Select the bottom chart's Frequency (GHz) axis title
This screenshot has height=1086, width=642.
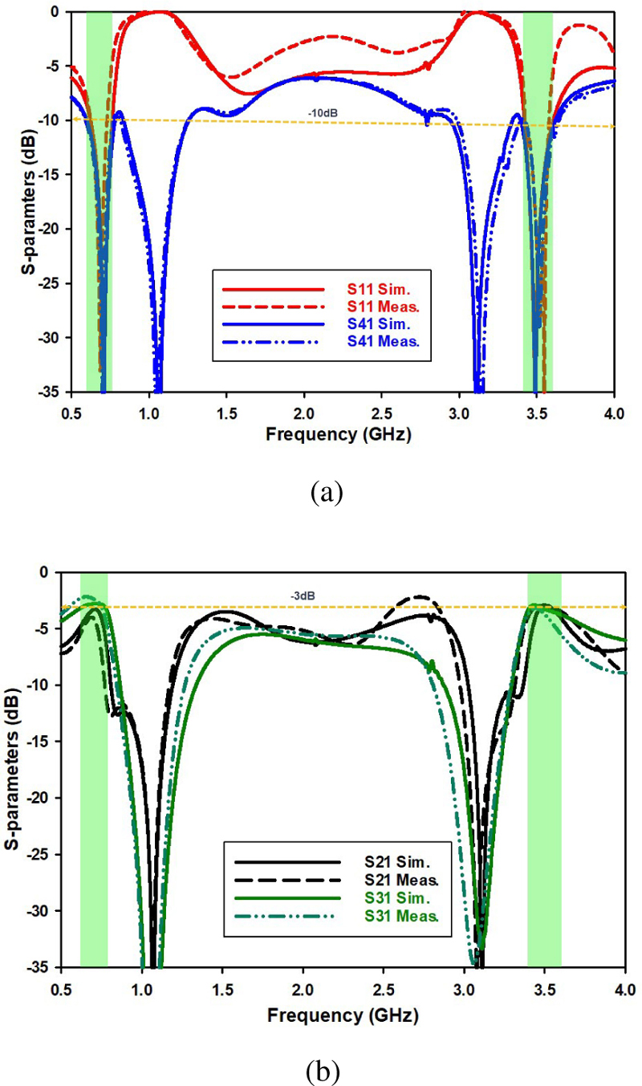pos(343,1015)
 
